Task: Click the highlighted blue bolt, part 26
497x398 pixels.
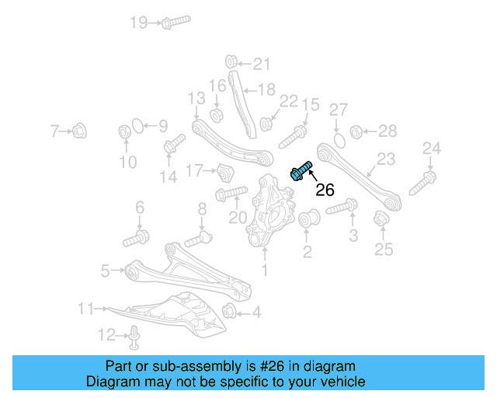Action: (x=301, y=171)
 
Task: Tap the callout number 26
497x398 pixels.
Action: (x=325, y=189)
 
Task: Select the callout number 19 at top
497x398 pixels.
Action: (x=138, y=23)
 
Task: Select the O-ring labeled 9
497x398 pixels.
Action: (x=135, y=125)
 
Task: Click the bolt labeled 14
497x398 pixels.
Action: (x=175, y=144)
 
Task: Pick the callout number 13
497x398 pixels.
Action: (x=196, y=98)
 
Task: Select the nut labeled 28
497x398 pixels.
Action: (x=356, y=131)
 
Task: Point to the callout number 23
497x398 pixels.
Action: (x=386, y=160)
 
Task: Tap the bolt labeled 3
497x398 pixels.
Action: (x=342, y=208)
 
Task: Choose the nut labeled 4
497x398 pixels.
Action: (x=230, y=312)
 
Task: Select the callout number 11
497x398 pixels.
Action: (x=85, y=309)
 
